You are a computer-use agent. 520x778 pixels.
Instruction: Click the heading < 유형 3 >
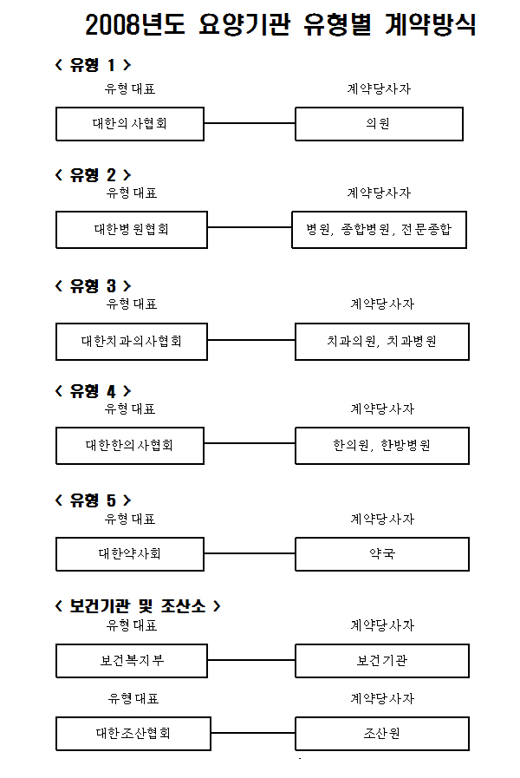tap(94, 286)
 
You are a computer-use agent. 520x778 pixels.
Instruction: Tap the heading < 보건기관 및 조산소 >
tap(138, 605)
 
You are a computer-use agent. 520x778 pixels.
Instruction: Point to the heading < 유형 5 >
tap(94, 500)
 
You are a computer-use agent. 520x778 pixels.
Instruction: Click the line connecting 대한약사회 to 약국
tap(250, 553)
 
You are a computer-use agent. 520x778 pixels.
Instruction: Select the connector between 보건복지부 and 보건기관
tap(251, 660)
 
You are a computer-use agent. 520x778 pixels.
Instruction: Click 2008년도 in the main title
tap(135, 24)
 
